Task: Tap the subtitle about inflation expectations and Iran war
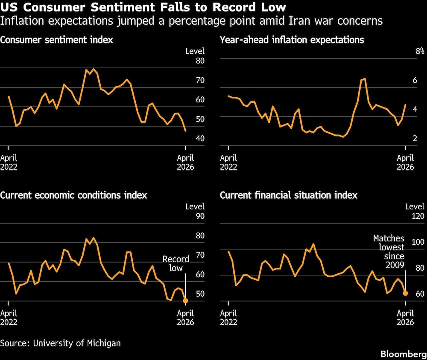coord(191,20)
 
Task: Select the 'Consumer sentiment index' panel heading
coord(56,40)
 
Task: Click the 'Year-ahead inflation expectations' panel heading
coord(292,40)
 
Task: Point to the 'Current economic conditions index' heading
coord(73,195)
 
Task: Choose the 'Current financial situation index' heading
coord(289,195)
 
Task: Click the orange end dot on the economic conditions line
coord(185,301)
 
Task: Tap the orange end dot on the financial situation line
coord(405,293)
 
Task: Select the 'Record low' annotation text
coord(175,264)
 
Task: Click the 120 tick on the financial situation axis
coord(418,216)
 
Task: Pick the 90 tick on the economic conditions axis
coord(200,216)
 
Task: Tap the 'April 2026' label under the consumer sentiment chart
coord(185,162)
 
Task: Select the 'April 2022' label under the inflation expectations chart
coord(228,162)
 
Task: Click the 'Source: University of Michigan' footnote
coord(60,343)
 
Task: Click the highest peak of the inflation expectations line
coord(364,79)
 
